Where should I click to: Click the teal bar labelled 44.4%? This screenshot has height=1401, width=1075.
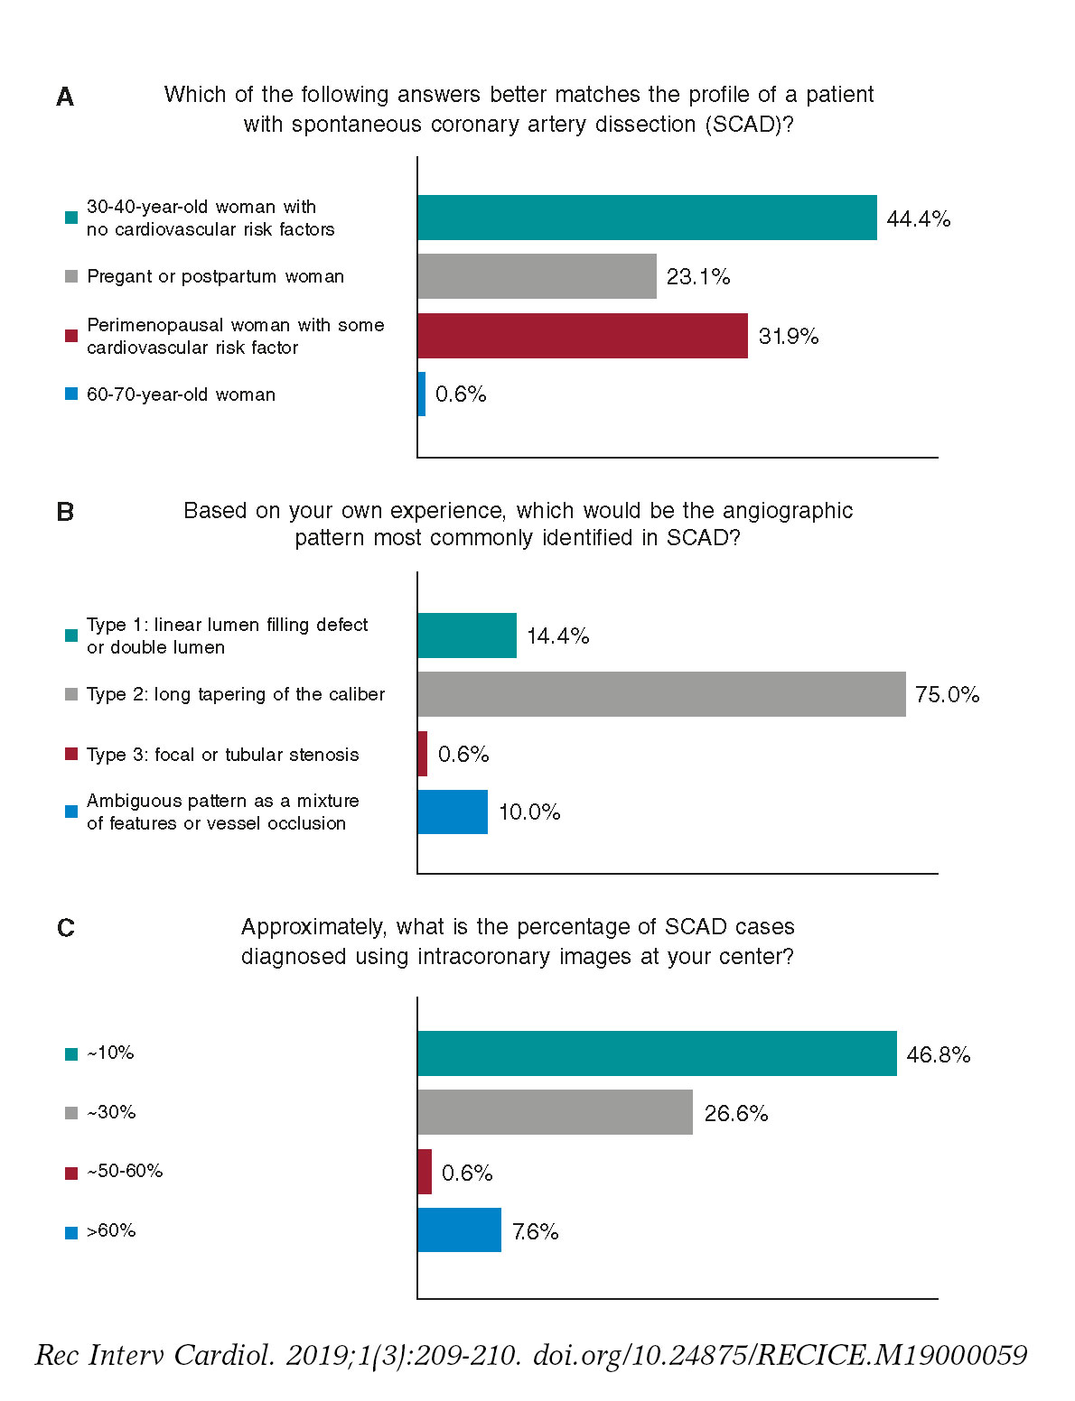[647, 218]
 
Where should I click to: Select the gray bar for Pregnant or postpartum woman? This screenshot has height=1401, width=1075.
[537, 276]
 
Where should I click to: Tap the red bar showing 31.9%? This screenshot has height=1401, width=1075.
[583, 336]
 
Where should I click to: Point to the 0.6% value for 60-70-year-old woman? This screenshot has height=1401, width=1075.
[461, 394]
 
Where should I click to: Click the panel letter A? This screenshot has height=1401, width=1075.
[65, 97]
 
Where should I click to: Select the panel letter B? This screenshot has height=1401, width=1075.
[65, 512]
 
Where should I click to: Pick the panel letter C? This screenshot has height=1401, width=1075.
[65, 928]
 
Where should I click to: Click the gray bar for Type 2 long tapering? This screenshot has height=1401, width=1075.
[661, 694]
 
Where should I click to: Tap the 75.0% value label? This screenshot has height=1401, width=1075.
[947, 694]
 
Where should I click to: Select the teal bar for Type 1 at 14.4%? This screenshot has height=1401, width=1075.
[467, 636]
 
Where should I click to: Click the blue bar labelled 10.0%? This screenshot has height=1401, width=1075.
[453, 812]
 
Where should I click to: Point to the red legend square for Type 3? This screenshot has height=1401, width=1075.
[71, 755]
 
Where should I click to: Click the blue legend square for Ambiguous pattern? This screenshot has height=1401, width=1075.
[71, 812]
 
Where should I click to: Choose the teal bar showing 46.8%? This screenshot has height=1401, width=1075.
[657, 1053]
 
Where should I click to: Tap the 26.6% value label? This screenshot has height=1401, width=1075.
[736, 1113]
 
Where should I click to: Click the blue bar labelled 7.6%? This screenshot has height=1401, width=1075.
[459, 1230]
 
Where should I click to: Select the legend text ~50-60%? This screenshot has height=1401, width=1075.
[125, 1171]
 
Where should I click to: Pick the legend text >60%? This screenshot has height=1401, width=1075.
[111, 1230]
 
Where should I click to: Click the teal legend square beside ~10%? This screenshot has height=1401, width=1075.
[71, 1053]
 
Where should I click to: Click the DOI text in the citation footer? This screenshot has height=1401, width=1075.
[780, 1355]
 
